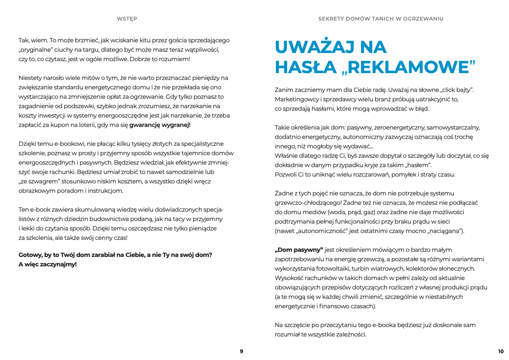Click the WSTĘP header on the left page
127,19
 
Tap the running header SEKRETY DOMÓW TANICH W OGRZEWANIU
381,19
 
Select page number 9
241,351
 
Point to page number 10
501,351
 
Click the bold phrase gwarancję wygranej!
160,125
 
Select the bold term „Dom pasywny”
299,250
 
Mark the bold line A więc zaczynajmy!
47,264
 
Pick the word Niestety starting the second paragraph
31,78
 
